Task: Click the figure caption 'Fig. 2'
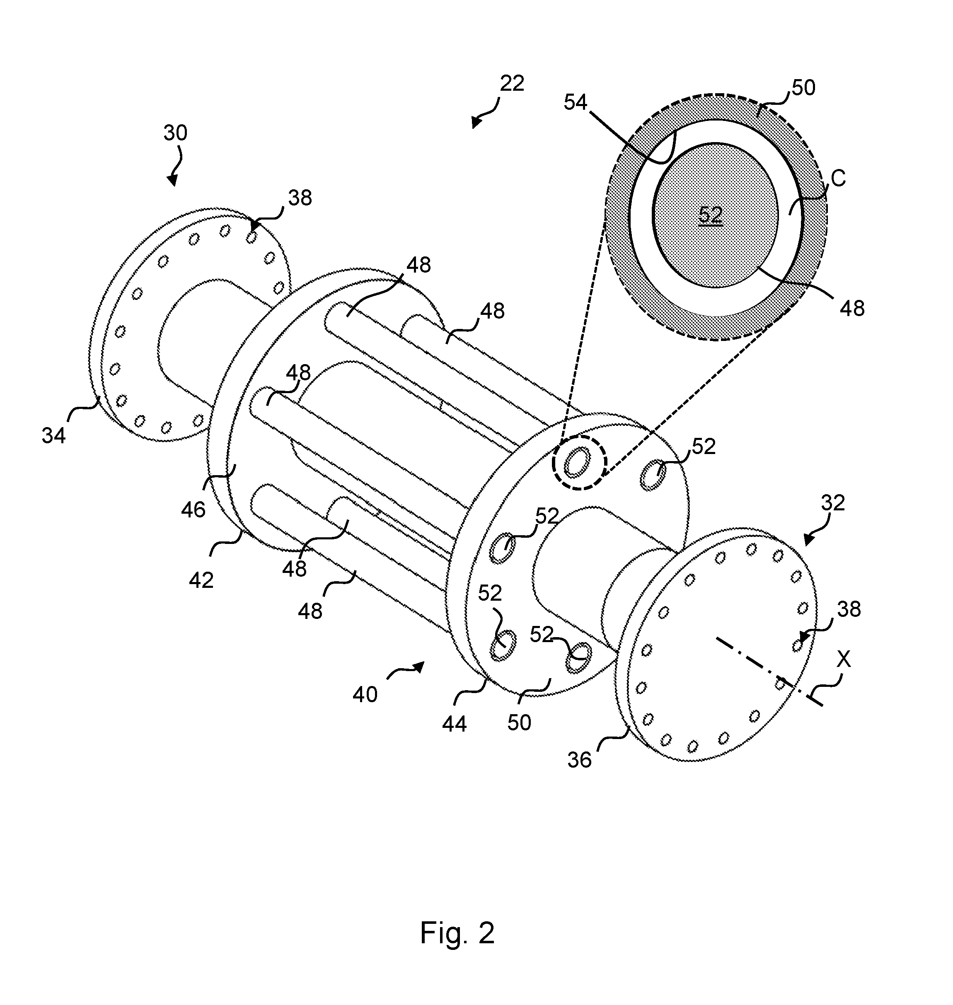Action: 457,933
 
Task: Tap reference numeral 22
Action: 512,83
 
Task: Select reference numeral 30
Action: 175,133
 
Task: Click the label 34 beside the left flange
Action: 54,436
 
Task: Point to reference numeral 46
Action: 193,510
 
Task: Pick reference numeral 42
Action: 201,580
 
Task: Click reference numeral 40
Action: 365,695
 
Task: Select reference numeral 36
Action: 580,760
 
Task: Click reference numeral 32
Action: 832,503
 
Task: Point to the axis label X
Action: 844,659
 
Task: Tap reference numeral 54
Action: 576,103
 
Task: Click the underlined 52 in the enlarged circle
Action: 710,215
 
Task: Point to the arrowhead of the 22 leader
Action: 476,122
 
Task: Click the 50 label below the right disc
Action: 519,722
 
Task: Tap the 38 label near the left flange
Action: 300,198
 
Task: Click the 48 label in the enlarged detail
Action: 852,308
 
